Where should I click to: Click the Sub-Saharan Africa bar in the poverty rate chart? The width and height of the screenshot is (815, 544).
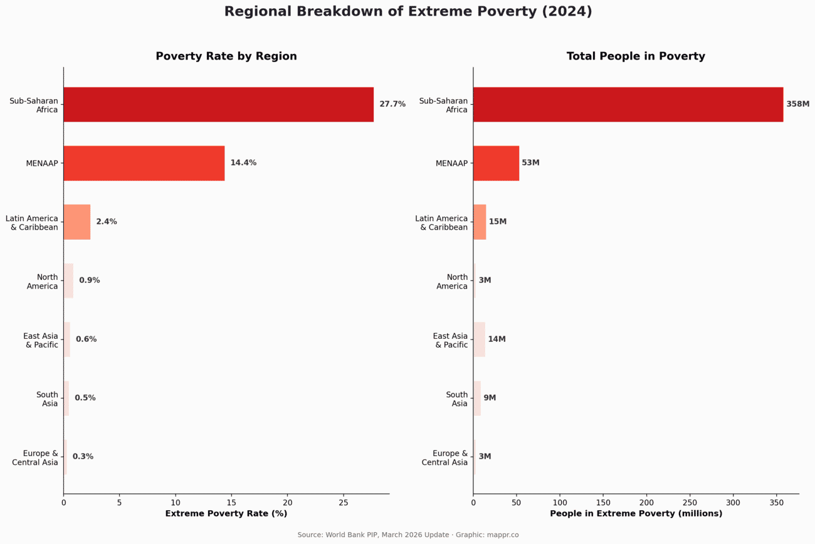(x=218, y=104)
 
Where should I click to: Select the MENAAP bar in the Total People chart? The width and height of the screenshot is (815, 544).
(x=496, y=163)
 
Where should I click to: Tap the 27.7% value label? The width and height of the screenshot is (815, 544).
(x=392, y=104)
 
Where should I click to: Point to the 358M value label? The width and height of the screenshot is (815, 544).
(x=797, y=104)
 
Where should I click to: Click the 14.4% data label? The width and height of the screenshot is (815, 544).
(x=243, y=163)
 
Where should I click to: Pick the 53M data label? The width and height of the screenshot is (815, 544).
(x=530, y=163)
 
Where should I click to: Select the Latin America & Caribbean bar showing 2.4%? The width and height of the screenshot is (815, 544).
(x=77, y=222)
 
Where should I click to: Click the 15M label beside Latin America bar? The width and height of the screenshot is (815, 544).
(x=498, y=222)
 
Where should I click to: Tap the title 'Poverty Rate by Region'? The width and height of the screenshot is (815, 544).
(x=226, y=56)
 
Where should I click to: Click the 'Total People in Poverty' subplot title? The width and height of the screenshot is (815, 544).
(x=636, y=56)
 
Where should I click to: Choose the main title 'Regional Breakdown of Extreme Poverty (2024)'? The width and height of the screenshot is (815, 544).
(x=408, y=11)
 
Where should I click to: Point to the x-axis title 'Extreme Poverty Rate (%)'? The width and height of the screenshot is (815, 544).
(x=226, y=514)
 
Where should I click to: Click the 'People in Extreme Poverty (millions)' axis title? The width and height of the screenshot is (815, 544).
(x=636, y=514)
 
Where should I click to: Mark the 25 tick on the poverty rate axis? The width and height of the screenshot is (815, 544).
(x=343, y=503)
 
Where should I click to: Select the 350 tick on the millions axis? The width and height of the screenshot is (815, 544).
(x=776, y=503)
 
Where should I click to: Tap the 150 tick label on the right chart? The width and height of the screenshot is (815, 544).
(x=603, y=503)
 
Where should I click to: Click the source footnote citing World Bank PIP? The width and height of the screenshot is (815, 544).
(x=408, y=535)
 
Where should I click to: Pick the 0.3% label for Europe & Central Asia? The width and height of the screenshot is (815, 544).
(x=83, y=457)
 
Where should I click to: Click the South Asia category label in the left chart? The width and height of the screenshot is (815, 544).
(x=47, y=399)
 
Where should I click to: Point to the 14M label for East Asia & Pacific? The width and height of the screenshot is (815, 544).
(x=497, y=339)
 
